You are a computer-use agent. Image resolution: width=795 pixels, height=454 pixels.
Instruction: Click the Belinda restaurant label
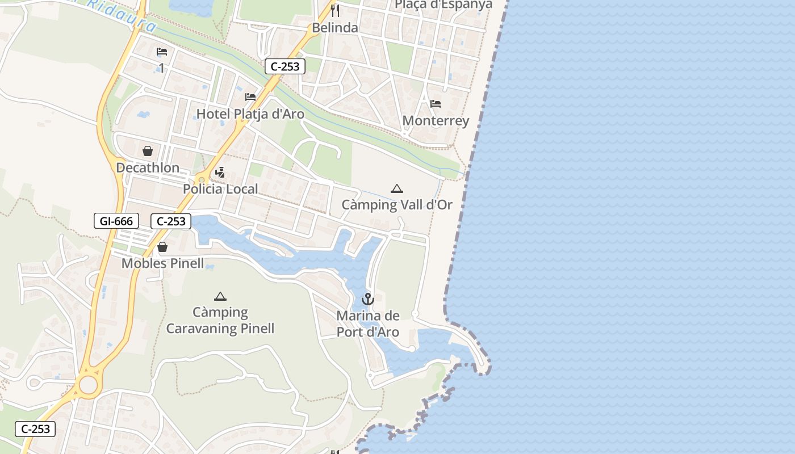pyautogui.click(x=335, y=28)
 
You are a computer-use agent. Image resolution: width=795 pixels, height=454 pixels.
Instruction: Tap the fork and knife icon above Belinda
pyautogui.click(x=335, y=10)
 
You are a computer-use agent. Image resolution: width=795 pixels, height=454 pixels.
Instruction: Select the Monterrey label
pyautogui.click(x=436, y=121)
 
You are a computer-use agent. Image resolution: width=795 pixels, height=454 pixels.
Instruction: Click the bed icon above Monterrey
pyautogui.click(x=436, y=104)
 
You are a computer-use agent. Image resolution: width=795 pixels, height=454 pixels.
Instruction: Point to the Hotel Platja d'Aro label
pyautogui.click(x=250, y=114)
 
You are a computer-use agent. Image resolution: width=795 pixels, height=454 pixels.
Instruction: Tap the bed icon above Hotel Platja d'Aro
pyautogui.click(x=250, y=97)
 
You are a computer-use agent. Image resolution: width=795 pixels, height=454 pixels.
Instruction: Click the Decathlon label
pyautogui.click(x=148, y=168)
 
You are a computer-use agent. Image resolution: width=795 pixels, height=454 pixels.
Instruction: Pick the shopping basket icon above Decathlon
pyautogui.click(x=148, y=151)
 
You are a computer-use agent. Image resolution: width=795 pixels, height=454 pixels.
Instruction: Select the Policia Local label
pyautogui.click(x=220, y=189)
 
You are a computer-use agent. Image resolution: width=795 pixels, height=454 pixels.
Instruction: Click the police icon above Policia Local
pyautogui.click(x=220, y=173)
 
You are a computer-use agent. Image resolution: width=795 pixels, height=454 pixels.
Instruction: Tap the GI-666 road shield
pyautogui.click(x=116, y=221)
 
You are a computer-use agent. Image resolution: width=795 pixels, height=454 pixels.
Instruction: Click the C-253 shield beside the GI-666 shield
pyautogui.click(x=171, y=221)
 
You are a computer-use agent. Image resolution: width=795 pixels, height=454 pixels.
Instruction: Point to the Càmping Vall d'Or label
pyautogui.click(x=397, y=205)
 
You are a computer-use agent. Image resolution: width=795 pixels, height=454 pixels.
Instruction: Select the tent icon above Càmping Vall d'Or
pyautogui.click(x=397, y=188)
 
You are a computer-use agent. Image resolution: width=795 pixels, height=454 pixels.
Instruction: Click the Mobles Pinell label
pyautogui.click(x=162, y=263)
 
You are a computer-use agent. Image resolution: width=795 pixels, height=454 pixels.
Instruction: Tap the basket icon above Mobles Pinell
pyautogui.click(x=162, y=247)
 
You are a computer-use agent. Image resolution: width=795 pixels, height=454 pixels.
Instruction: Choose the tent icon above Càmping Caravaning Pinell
pyautogui.click(x=220, y=296)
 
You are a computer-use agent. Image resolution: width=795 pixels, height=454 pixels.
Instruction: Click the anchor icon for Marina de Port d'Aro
pyautogui.click(x=368, y=299)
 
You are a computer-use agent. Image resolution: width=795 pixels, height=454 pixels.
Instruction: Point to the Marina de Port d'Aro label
pyautogui.click(x=368, y=324)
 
